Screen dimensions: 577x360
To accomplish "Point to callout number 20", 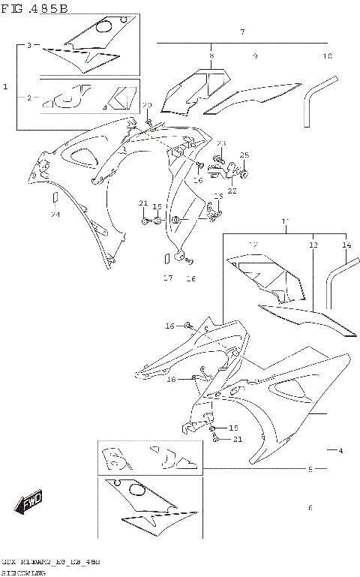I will (147, 104).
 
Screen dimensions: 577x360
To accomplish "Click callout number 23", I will (220, 143).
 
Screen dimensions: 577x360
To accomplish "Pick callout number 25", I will (244, 155).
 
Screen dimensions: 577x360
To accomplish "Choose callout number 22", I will (232, 191).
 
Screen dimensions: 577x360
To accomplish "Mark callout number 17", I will (168, 278).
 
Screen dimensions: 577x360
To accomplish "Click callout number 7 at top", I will (242, 32).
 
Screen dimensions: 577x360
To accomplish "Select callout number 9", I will (255, 56).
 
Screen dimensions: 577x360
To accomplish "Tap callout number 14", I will (346, 245).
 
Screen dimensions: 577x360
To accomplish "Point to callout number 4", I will (340, 451).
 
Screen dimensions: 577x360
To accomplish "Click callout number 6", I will (310, 508).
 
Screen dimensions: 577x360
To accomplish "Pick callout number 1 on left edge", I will (5, 87).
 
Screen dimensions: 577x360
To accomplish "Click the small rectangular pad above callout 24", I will (55, 197).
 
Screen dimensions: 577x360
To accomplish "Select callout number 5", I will (310, 470).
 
